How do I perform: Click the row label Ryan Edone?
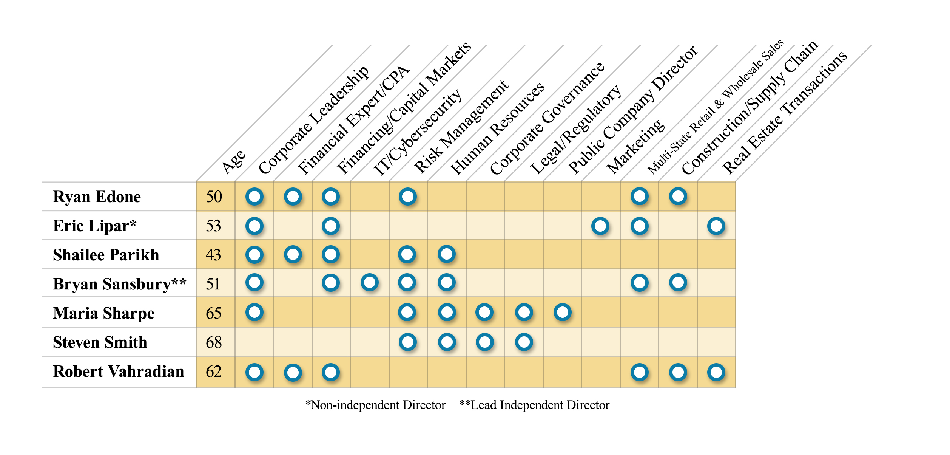97,197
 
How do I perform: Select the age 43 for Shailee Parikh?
213,255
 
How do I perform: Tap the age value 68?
214,342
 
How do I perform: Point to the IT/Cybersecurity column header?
418,132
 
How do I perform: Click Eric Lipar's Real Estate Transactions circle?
716,226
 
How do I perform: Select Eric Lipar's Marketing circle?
600,226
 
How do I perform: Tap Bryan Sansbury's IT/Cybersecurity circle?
369,282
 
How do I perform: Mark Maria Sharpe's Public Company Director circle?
562,312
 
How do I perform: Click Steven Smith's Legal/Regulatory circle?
524,342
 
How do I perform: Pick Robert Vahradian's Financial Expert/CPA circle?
293,372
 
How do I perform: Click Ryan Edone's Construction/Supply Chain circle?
678,197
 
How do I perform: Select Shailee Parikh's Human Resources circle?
447,254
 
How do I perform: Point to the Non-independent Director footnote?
375,405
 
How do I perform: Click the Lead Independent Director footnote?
534,405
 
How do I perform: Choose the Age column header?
233,162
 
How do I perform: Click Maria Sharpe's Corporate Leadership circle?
254,312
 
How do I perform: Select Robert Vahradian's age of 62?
214,372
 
